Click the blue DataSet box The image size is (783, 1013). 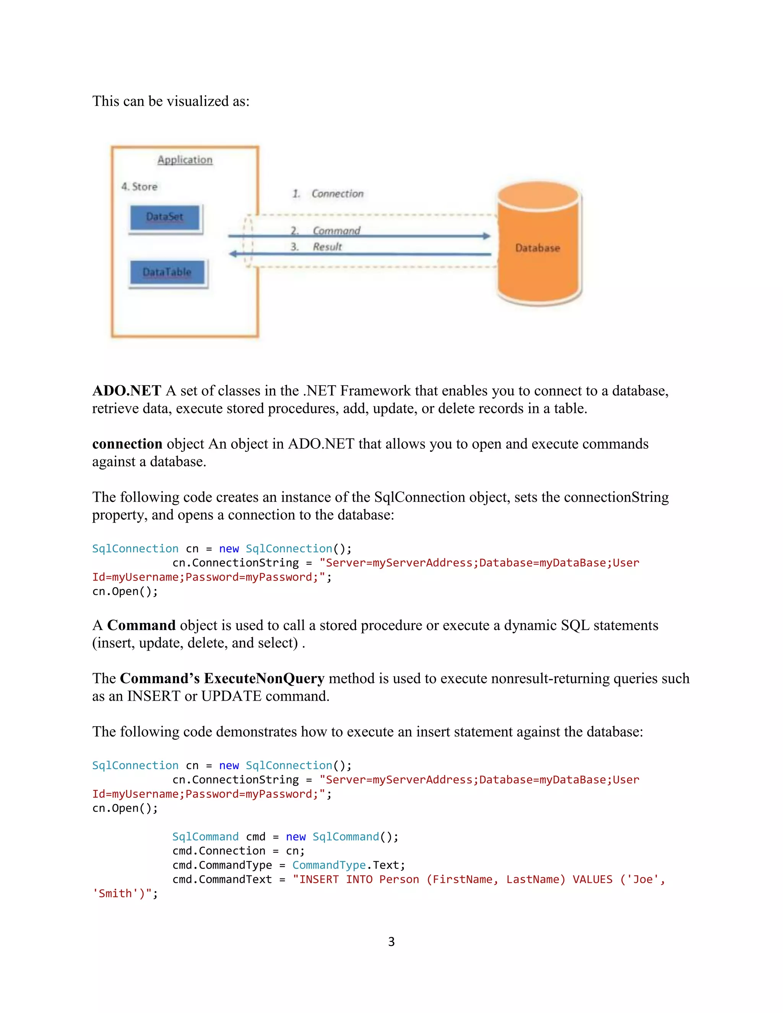165,217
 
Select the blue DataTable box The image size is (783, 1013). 167,272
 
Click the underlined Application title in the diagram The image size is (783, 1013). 185,160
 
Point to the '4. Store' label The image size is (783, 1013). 139,187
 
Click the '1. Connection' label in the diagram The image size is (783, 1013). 328,194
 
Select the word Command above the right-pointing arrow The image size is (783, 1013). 336,231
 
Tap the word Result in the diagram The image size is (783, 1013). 327,247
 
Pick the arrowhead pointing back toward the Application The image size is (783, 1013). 233,254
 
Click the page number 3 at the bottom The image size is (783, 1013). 391,942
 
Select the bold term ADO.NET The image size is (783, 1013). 127,391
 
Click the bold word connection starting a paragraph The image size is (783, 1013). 127,444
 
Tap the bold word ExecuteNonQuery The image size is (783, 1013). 264,678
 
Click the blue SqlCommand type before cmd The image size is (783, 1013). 205,836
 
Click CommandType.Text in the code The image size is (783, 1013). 348,865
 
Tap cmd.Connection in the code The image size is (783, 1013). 219,851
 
